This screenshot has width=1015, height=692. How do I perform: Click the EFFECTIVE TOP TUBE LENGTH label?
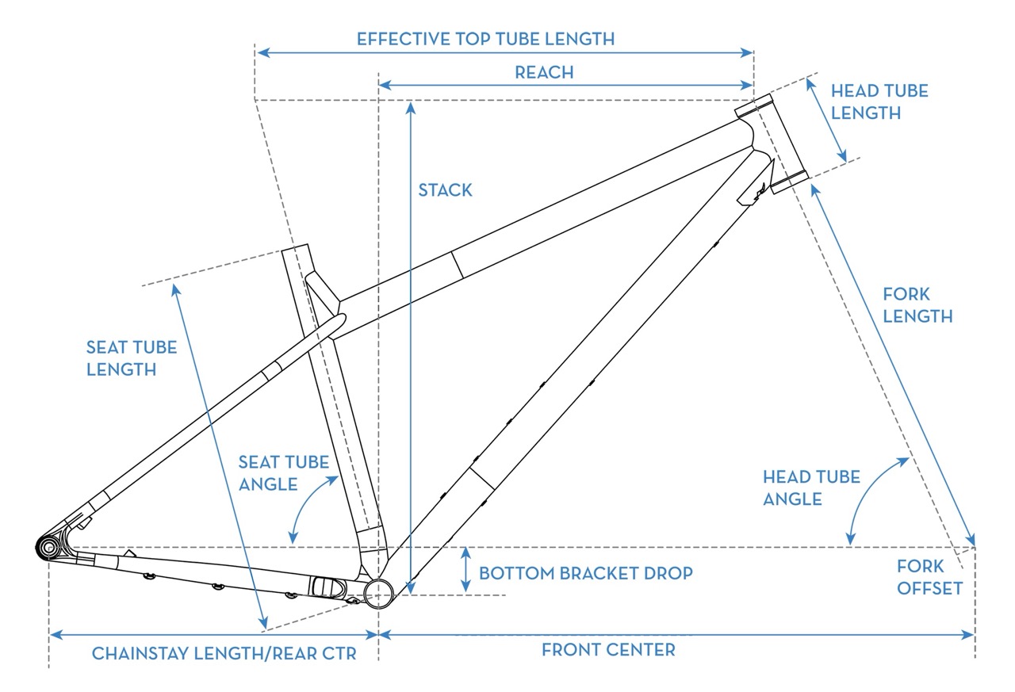(485, 39)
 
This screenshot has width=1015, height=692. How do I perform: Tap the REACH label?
(544, 72)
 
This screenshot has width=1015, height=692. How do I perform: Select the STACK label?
(445, 190)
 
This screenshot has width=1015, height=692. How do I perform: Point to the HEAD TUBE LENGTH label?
(879, 101)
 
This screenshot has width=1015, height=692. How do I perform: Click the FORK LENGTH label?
(917, 305)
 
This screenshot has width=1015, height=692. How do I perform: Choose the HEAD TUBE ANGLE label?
(800, 487)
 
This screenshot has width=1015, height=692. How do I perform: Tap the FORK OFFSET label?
(930, 577)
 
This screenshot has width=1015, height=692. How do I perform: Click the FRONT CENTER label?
(608, 650)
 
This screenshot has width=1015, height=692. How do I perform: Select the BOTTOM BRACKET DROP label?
(586, 572)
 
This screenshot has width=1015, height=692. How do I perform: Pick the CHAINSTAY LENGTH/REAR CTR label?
(224, 654)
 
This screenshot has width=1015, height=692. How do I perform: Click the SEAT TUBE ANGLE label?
(283, 472)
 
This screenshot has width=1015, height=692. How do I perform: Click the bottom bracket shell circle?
(380, 591)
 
